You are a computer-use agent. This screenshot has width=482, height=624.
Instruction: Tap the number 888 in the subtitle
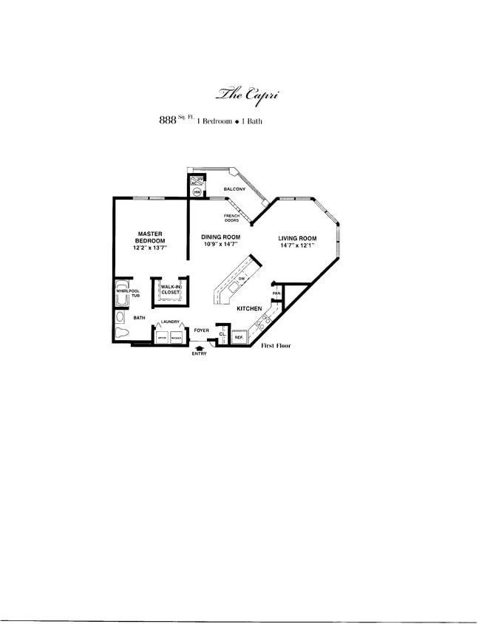(166, 121)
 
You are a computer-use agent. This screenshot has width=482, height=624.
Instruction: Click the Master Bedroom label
(150, 238)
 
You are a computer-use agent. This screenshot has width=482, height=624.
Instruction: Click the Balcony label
(234, 190)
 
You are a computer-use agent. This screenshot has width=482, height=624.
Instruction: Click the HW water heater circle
(197, 192)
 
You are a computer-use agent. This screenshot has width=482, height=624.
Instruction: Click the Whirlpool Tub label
(126, 294)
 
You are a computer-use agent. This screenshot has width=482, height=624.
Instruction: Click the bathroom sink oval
(120, 316)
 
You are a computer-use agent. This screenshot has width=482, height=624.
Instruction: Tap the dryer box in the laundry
(160, 337)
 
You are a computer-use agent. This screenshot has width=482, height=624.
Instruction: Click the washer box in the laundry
(176, 337)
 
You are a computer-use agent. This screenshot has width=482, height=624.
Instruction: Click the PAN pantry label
(276, 294)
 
